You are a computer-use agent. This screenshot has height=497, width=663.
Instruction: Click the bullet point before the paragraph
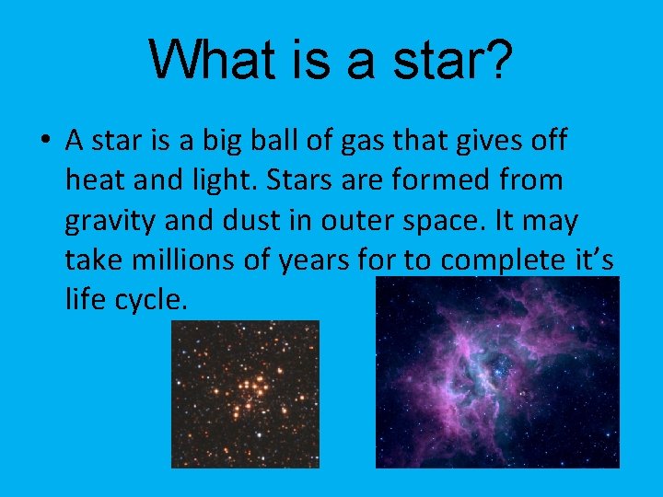(x=45, y=142)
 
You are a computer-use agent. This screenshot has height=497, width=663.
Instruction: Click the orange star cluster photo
(x=245, y=394)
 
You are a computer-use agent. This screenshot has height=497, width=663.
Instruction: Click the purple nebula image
(x=497, y=373)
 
